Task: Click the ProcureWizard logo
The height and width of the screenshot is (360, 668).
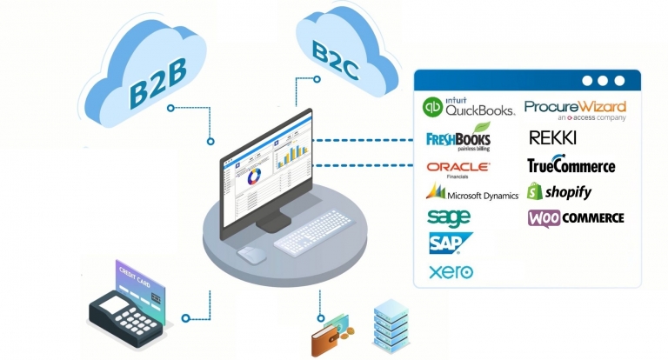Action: (x=575, y=110)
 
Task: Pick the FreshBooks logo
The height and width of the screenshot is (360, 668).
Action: (x=458, y=138)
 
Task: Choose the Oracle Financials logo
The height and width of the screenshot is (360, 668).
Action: (x=458, y=167)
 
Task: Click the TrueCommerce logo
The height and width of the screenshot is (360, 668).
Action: (x=571, y=165)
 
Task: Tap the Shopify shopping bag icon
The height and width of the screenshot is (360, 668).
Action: (x=535, y=191)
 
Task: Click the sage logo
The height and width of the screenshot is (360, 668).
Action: (x=449, y=217)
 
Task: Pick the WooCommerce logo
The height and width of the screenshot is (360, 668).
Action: (x=576, y=217)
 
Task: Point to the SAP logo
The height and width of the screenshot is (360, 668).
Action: (x=450, y=243)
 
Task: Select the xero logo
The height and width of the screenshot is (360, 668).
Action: (x=451, y=272)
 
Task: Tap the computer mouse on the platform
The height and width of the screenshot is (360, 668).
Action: (x=251, y=254)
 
